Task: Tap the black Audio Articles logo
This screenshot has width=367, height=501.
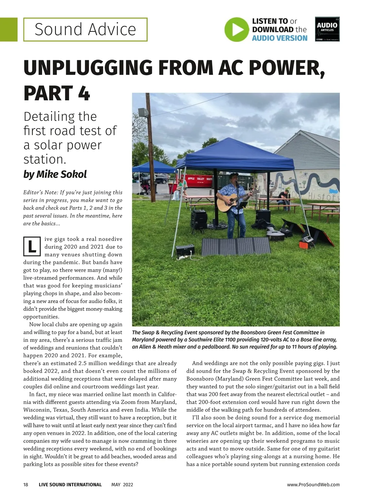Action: point(327,29)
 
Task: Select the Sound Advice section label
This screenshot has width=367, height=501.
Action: point(85,29)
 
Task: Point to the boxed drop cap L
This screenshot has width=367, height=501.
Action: point(32,247)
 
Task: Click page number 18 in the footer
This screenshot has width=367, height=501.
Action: point(26,484)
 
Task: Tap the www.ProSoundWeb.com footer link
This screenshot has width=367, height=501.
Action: point(313,484)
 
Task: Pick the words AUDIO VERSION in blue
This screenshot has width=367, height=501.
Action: point(280,38)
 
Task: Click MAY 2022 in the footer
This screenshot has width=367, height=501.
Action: point(122,484)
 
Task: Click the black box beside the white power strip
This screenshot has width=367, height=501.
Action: point(185,251)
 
